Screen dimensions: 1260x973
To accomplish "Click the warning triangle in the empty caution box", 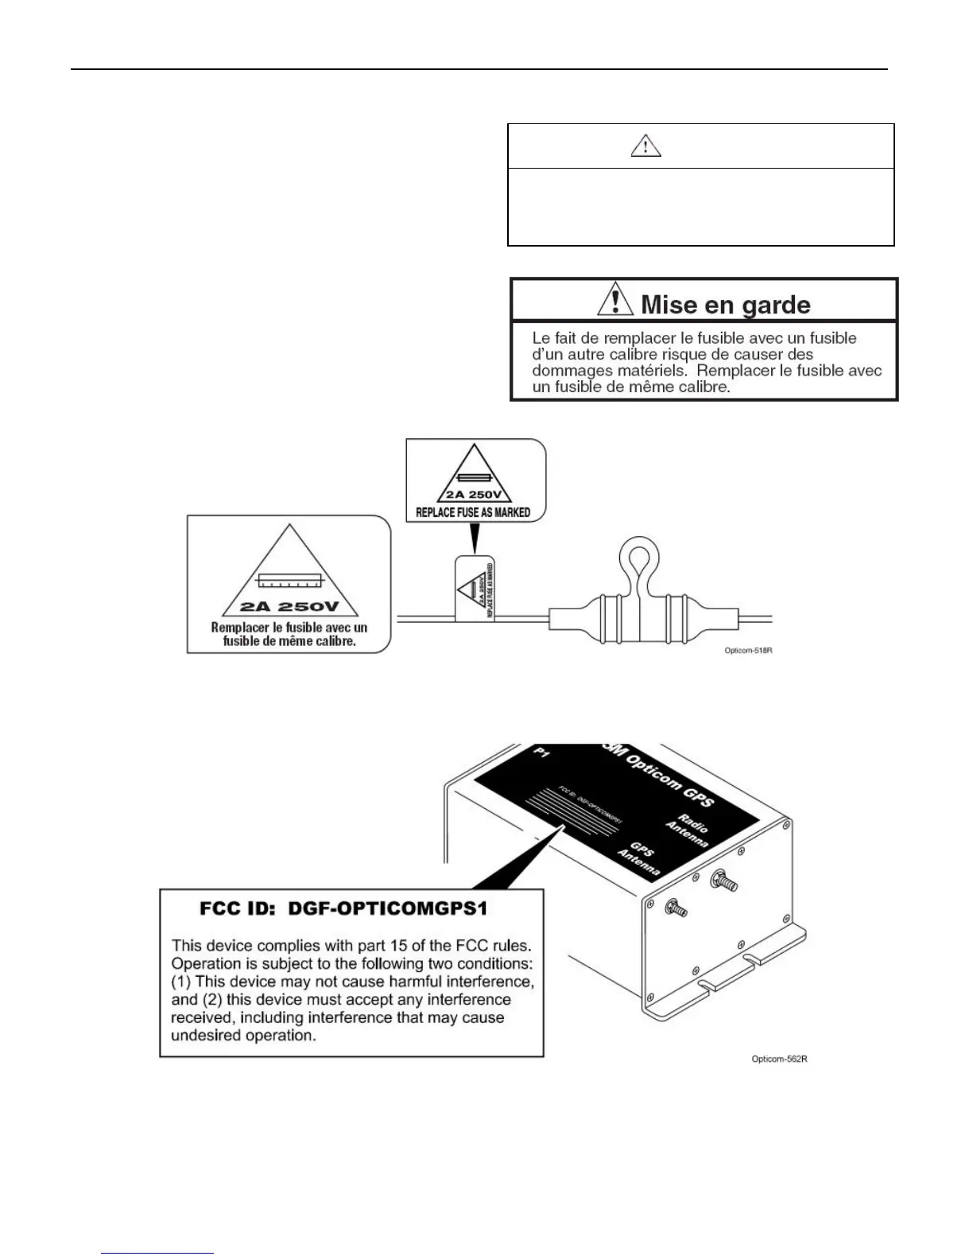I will click(645, 146).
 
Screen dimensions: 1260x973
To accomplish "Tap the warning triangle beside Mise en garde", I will click(613, 301).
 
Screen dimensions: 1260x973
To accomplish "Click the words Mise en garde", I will click(725, 305).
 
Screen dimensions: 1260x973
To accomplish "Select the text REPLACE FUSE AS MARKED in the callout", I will click(473, 512).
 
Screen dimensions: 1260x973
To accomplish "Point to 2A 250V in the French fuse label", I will click(289, 607).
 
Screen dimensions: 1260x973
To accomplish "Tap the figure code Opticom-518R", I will click(747, 650).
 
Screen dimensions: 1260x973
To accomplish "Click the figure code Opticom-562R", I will click(779, 1059).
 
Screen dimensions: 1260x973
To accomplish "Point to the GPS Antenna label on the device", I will click(640, 860).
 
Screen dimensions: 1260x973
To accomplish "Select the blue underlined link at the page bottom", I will click(158, 1253).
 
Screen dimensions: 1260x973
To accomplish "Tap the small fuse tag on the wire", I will click(475, 589).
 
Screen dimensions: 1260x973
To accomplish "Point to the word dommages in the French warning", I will click(569, 371).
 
